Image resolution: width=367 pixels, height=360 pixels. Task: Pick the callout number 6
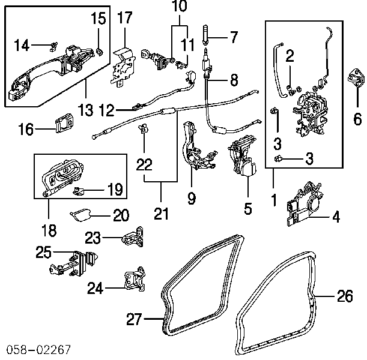click(358, 116)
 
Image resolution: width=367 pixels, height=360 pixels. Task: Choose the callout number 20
click(121, 214)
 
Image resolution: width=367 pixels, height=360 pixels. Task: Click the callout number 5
click(247, 209)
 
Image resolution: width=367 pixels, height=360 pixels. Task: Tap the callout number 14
click(21, 44)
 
